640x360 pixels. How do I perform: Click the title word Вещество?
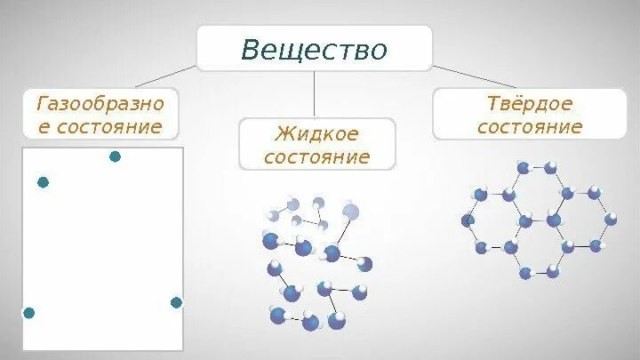pyautogui.click(x=315, y=49)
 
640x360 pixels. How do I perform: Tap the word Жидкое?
pyautogui.click(x=317, y=134)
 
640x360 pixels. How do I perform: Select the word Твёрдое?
pyautogui.click(x=529, y=104)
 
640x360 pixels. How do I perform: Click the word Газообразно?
pyautogui.click(x=100, y=104)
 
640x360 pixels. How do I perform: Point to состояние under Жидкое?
pyautogui.click(x=317, y=157)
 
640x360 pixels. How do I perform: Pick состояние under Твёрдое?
pyautogui.click(x=529, y=126)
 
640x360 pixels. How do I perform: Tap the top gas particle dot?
pyautogui.click(x=115, y=156)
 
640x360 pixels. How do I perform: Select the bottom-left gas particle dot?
pyautogui.click(x=28, y=313)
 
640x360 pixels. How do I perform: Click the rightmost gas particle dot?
pyautogui.click(x=176, y=302)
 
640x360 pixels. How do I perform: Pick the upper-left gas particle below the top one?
pyautogui.click(x=43, y=182)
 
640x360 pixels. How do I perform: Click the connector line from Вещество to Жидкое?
pyautogui.click(x=315, y=93)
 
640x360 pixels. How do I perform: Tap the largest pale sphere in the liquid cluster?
pyautogui.click(x=351, y=212)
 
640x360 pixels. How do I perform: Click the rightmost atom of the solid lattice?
pyautogui.click(x=611, y=219)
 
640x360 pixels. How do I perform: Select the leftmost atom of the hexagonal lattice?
pyautogui.click(x=468, y=220)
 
